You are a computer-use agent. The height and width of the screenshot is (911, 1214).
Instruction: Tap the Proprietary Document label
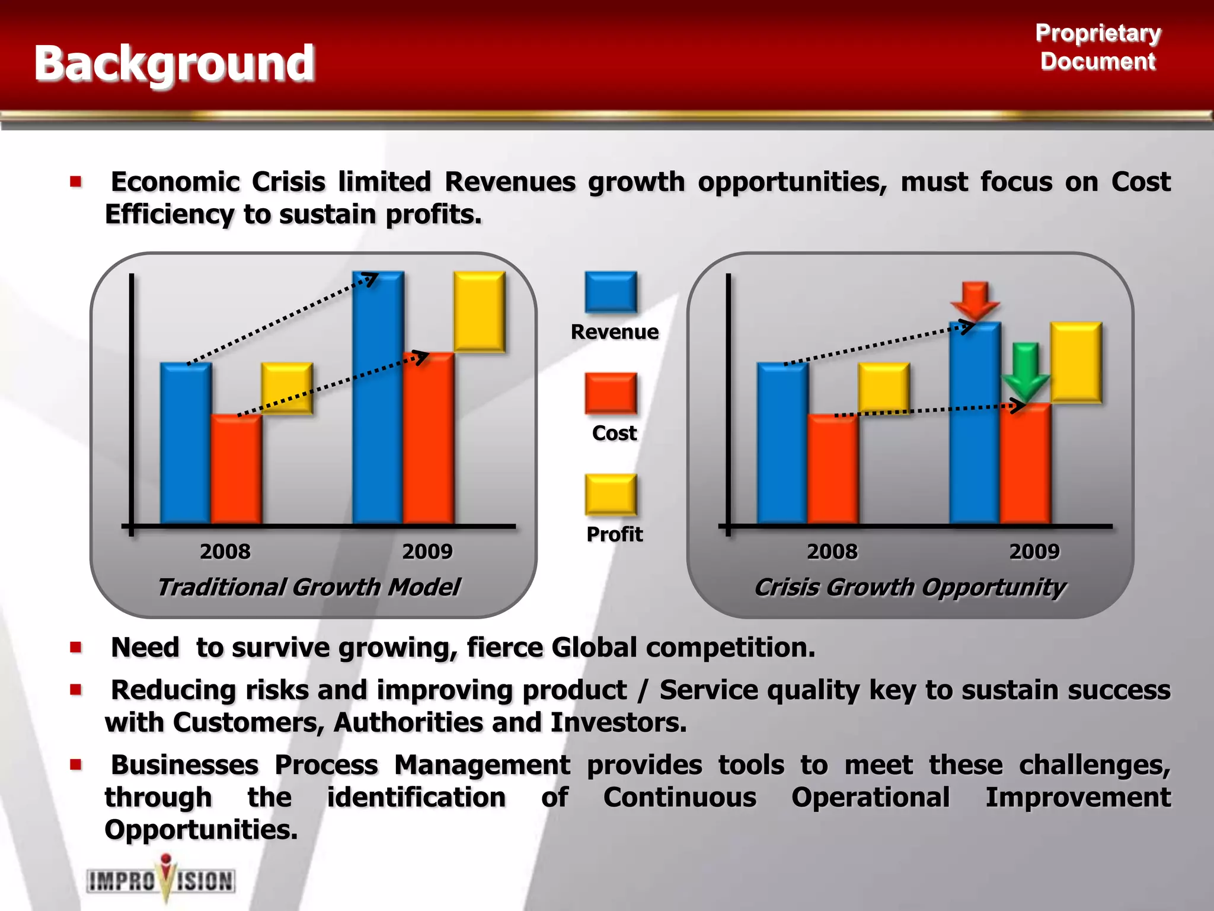pyautogui.click(x=1098, y=47)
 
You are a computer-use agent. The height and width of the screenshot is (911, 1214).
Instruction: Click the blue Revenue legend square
pyautogui.click(x=611, y=292)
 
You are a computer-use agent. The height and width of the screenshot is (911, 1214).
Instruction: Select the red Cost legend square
pyautogui.click(x=611, y=393)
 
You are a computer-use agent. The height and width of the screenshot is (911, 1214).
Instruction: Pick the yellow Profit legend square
pyautogui.click(x=611, y=494)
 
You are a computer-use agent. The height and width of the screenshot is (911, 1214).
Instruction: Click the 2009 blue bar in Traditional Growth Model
pyautogui.click(x=378, y=397)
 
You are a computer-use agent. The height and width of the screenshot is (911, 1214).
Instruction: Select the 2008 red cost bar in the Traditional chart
pyautogui.click(x=236, y=469)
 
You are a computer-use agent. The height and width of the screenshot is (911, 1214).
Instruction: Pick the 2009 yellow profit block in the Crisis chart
pyautogui.click(x=1075, y=362)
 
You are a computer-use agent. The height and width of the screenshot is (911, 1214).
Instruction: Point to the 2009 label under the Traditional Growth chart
pyautogui.click(x=427, y=552)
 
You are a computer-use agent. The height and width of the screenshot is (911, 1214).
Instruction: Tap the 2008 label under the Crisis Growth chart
pyautogui.click(x=832, y=552)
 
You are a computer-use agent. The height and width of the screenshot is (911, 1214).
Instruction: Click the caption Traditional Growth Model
pyautogui.click(x=308, y=587)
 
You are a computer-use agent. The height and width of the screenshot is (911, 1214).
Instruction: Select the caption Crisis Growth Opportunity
pyautogui.click(x=909, y=587)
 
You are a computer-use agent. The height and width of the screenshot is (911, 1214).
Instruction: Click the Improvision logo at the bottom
pyautogui.click(x=161, y=880)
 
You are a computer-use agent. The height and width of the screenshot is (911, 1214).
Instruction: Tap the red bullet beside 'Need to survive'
pyautogui.click(x=75, y=647)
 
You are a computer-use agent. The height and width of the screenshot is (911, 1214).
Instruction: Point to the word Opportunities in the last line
pyautogui.click(x=200, y=829)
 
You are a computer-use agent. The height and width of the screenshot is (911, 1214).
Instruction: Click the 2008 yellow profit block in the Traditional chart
pyautogui.click(x=287, y=388)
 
